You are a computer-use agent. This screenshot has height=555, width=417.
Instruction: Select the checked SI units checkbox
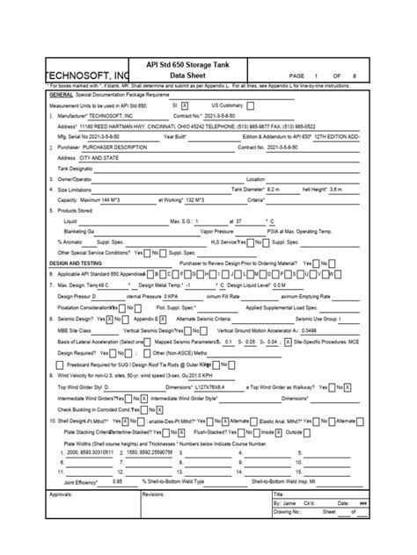(185, 105)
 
